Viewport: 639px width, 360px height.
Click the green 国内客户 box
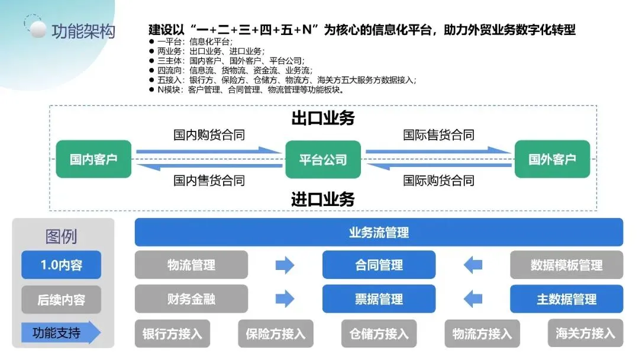coord(93,159)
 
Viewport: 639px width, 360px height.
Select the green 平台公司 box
coord(322,159)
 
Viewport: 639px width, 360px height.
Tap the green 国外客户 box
coord(552,159)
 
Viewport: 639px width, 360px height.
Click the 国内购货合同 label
coord(209,135)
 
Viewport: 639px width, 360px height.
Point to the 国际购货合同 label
coord(438,180)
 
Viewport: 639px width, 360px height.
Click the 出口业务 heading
coord(322,118)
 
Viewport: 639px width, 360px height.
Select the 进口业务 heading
coord(322,199)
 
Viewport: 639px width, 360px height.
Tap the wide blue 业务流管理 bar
coord(379,232)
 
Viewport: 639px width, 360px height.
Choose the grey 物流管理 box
coord(191,265)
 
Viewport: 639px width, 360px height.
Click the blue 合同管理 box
coord(379,265)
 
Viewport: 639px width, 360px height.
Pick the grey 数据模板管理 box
coord(566,265)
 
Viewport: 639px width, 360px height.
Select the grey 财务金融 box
coord(191,299)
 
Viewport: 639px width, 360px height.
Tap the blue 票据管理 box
coord(379,299)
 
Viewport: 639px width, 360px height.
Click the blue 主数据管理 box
coord(566,299)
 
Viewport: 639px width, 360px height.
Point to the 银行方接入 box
coord(172,333)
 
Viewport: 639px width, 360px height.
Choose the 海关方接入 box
coord(585,333)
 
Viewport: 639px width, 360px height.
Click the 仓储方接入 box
coord(379,333)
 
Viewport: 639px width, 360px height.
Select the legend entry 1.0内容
coord(61,265)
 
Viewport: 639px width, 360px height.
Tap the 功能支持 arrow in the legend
coord(59,333)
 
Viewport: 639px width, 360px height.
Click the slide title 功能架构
coord(83,31)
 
